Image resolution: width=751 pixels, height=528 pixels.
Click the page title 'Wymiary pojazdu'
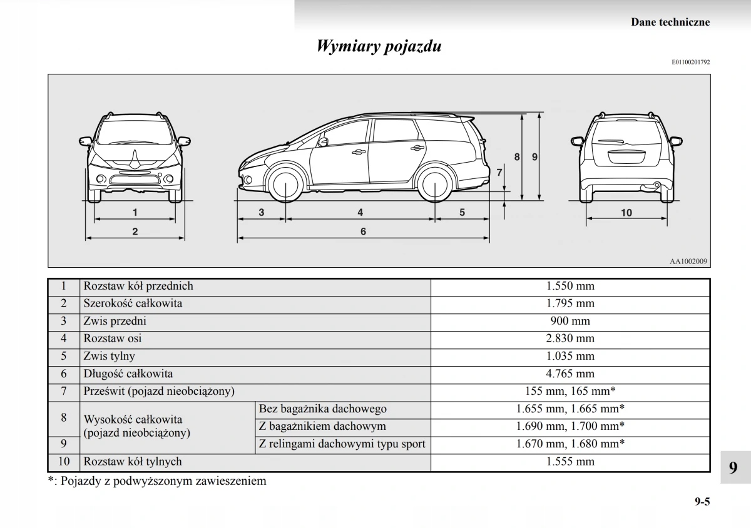coord(379,46)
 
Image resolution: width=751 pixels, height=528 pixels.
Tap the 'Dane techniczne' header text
coord(670,22)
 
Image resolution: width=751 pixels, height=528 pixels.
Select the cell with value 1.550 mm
coord(570,287)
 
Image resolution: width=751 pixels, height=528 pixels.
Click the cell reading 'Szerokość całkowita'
coord(133,304)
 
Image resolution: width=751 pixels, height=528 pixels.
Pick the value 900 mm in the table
coord(570,322)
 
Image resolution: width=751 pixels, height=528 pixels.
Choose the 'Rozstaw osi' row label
coord(113,339)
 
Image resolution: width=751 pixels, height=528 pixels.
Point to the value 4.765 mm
coord(570,374)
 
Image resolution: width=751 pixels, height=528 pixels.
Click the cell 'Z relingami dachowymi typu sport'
coord(342,444)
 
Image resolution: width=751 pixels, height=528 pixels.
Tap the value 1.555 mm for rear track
coord(570,462)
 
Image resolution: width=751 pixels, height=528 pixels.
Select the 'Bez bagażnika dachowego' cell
coord(322,409)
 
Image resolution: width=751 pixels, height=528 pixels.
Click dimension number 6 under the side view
coord(363,231)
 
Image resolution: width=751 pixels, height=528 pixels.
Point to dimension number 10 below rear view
coord(626,213)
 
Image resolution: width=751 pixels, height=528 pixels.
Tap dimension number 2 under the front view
coord(135,231)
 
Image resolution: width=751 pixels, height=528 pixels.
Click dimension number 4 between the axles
coord(360,213)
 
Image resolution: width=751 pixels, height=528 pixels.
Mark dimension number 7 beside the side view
coord(499,172)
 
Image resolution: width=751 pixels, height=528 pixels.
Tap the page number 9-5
coord(702,501)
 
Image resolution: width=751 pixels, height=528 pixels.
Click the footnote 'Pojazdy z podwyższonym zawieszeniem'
coord(163,481)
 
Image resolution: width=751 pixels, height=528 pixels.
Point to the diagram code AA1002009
coord(688,261)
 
